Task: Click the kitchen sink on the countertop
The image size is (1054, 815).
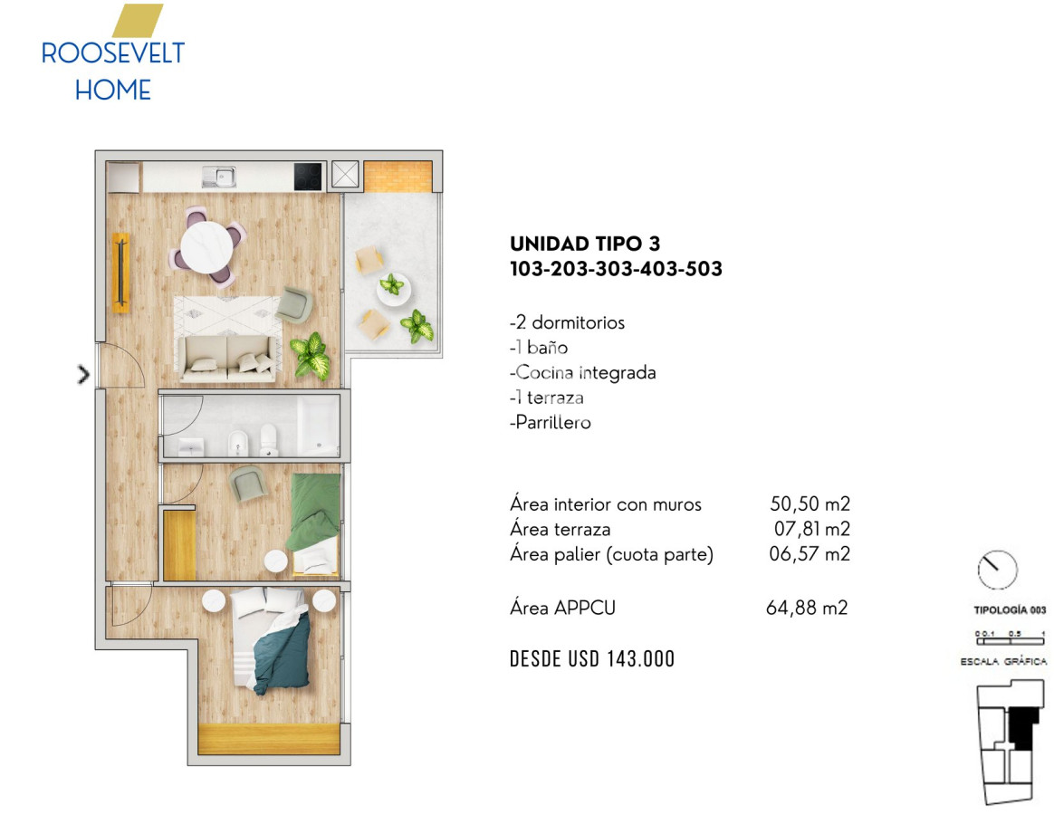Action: [219, 177]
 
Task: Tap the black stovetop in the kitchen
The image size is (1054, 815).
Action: [309, 177]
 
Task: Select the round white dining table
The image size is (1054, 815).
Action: [207, 247]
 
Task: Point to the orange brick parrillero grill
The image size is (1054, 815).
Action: [398, 177]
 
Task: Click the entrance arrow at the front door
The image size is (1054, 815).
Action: [83, 375]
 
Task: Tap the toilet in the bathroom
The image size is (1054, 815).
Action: [269, 439]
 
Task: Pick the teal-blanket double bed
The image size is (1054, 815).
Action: [271, 638]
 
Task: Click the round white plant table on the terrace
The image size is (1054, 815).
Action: [394, 289]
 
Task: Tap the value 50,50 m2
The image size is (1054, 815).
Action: [810, 503]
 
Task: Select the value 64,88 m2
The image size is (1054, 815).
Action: [807, 608]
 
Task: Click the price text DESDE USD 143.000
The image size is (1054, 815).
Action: [592, 659]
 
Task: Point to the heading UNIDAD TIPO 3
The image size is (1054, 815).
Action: [585, 244]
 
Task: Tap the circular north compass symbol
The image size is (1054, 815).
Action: [998, 570]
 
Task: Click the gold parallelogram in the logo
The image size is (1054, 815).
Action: [138, 21]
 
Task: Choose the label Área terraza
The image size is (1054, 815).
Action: [560, 529]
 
